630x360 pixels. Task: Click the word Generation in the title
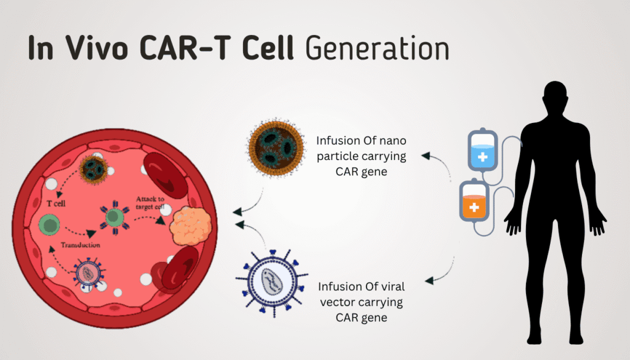click(x=377, y=49)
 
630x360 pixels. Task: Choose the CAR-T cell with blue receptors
click(x=114, y=217)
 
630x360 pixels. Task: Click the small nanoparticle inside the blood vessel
click(x=94, y=167)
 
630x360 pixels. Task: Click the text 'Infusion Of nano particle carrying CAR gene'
click(x=361, y=156)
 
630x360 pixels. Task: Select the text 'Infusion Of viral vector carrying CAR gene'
click(x=361, y=302)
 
